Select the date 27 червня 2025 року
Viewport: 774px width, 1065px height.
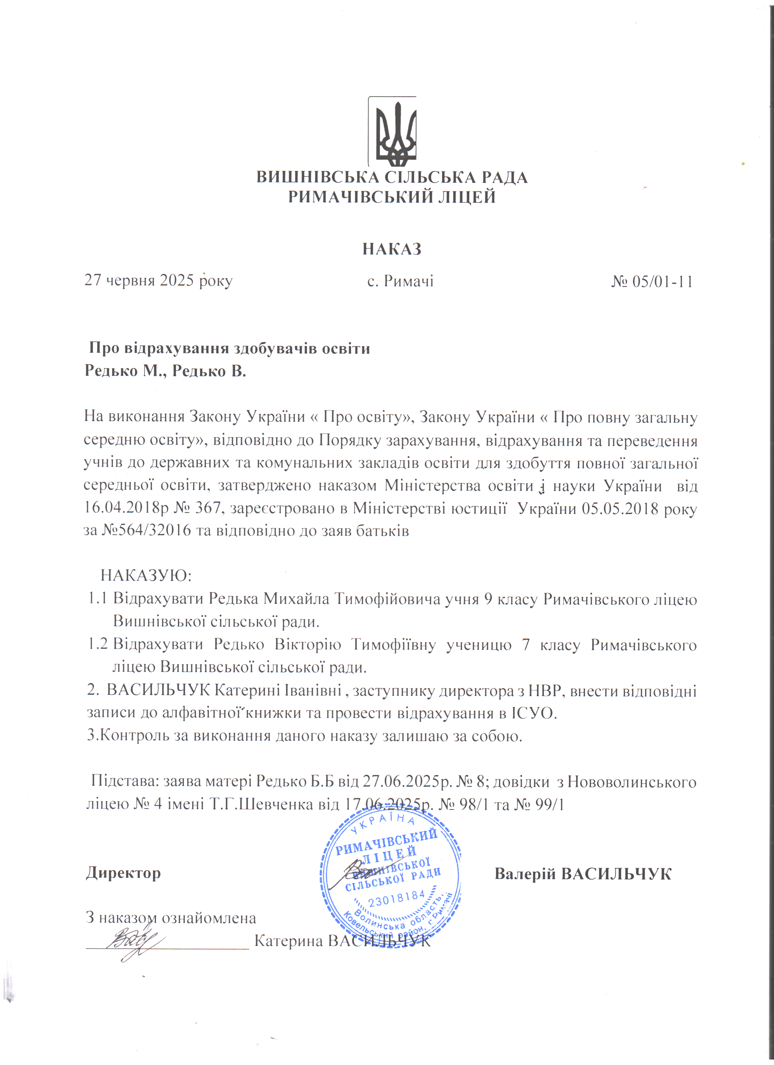pyautogui.click(x=158, y=281)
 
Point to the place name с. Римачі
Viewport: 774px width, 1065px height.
pyautogui.click(x=400, y=281)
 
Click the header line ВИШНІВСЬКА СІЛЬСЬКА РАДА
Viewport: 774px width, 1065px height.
pyautogui.click(x=392, y=178)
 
